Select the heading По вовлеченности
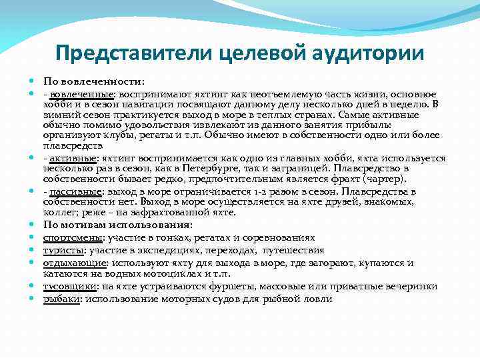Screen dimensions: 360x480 coord(93,81)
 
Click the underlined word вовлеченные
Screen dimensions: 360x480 coord(73,94)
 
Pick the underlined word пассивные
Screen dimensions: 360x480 coord(72,191)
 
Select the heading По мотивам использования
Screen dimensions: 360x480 coord(117,225)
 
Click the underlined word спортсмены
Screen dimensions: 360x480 coord(71,237)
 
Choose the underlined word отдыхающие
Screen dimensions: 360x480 coord(71,263)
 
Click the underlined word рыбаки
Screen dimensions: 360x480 coord(60,299)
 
